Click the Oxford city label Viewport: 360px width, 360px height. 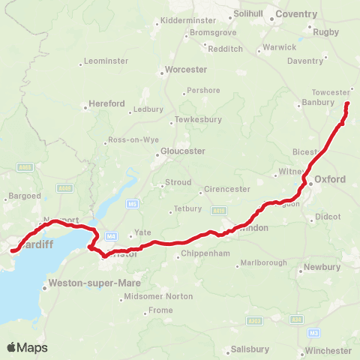[330, 179]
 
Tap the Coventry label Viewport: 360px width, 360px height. [296, 14]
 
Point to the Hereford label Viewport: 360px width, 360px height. [106, 103]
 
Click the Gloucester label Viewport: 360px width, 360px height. [183, 151]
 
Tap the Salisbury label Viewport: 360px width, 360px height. [250, 349]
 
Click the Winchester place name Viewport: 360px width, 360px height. [328, 350]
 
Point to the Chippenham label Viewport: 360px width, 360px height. [202, 254]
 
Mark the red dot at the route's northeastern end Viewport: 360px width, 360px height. [347, 103]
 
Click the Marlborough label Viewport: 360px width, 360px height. [262, 263]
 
